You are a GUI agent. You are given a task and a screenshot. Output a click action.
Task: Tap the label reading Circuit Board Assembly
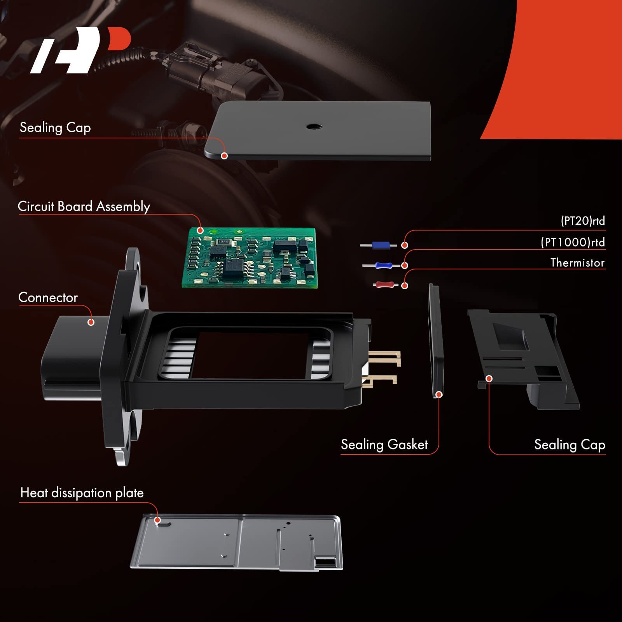(x=84, y=206)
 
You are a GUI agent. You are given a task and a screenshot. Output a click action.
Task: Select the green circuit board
(x=250, y=258)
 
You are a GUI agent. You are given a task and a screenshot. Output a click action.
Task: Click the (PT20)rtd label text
(x=583, y=221)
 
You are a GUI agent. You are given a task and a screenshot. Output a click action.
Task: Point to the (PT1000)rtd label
(x=573, y=242)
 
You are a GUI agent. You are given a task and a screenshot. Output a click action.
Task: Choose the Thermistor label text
(x=578, y=263)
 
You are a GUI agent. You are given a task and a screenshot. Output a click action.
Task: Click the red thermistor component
(x=385, y=285)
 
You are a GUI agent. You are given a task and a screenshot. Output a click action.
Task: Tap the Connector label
(x=48, y=297)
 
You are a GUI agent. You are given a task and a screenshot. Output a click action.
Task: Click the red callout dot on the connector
(x=91, y=322)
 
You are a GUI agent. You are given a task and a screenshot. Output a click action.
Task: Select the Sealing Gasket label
(x=384, y=444)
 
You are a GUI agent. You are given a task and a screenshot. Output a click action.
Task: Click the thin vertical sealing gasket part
(x=436, y=341)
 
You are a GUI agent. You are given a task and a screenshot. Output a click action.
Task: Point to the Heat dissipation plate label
(x=82, y=493)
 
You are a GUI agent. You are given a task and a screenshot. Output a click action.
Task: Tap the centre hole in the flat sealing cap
(x=314, y=126)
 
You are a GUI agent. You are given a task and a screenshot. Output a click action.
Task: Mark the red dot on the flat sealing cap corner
(x=224, y=155)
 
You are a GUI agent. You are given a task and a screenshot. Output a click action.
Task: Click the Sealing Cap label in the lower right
(x=570, y=444)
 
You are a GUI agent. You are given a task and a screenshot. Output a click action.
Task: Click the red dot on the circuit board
(x=200, y=230)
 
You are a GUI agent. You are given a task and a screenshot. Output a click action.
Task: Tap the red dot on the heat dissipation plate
(x=157, y=520)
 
